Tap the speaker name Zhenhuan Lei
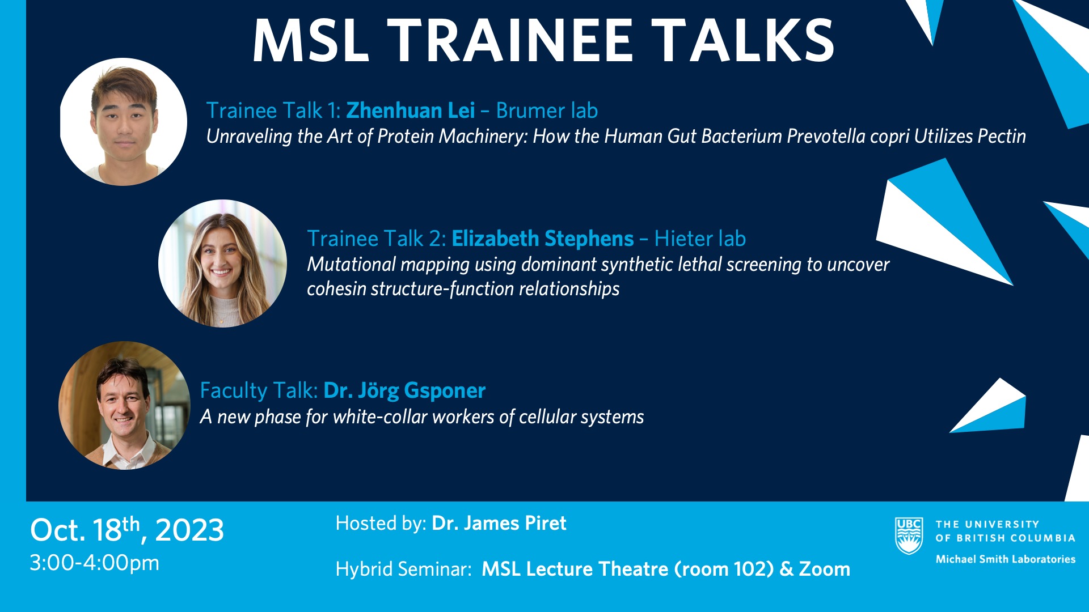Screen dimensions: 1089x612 [x=410, y=110]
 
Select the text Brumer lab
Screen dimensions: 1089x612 [x=547, y=110]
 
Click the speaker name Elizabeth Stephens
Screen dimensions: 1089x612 [x=542, y=239]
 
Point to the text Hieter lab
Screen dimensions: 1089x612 [x=700, y=239]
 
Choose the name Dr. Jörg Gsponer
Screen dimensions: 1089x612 [x=404, y=391]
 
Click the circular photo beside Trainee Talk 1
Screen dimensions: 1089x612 [x=123, y=122]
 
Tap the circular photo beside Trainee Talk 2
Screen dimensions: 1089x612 [x=222, y=263]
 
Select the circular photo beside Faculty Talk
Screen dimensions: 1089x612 [x=124, y=405]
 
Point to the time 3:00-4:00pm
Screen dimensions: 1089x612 [x=94, y=563]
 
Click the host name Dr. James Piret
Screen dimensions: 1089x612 [x=499, y=523]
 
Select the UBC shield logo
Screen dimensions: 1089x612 [x=909, y=535]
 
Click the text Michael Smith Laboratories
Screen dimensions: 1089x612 [x=1006, y=559]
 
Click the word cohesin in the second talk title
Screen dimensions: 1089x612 [x=336, y=289]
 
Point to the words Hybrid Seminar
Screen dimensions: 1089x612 [x=403, y=569]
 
